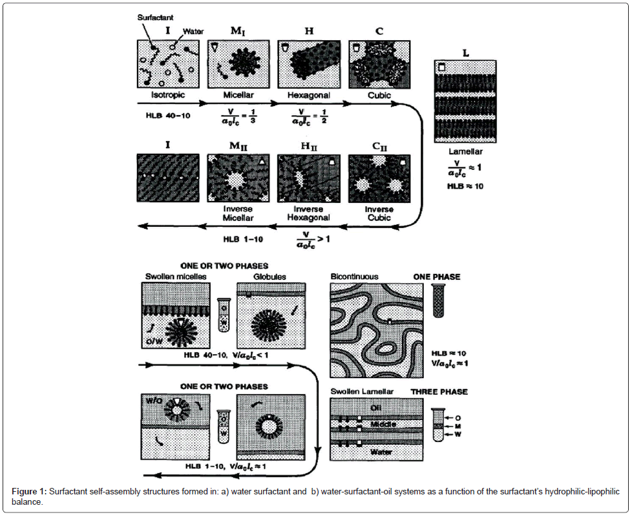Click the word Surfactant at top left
[154, 18]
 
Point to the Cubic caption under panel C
[378, 94]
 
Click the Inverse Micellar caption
[238, 213]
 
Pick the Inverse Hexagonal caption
[308, 213]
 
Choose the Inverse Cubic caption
[379, 213]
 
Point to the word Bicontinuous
[355, 276]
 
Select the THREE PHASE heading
[439, 392]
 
